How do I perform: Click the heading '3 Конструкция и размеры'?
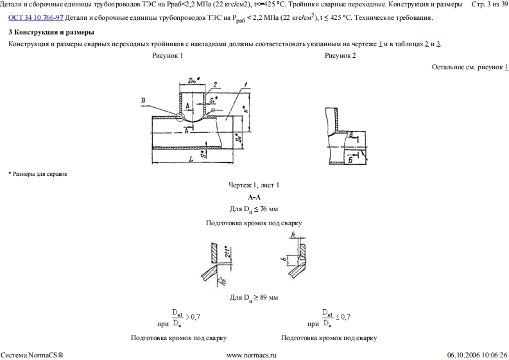pos(52,31)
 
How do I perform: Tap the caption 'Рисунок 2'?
pos(340,56)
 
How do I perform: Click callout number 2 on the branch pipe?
pos(216,84)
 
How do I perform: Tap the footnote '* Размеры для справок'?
pos(38,174)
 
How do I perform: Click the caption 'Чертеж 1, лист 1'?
pos(254,185)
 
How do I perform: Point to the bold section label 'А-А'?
pos(254,197)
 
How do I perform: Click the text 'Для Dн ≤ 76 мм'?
pos(254,209)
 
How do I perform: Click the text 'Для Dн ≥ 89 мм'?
pos(254,298)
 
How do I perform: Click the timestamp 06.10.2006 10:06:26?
pos(477,354)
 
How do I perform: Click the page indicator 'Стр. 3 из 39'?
pos(489,4)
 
